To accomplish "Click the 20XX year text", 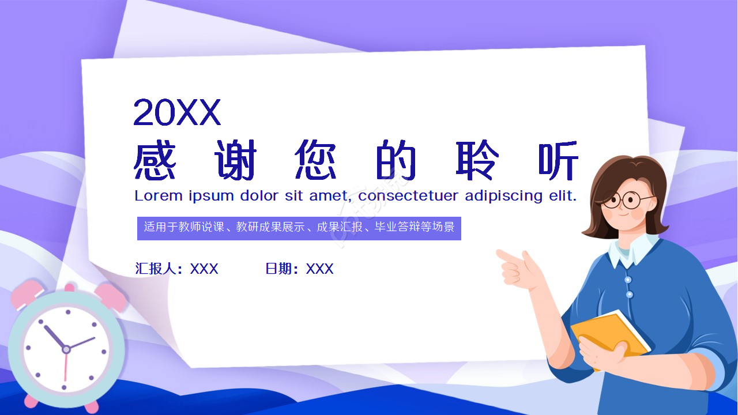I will [x=177, y=112].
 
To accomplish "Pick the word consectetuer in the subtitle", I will [x=409, y=196].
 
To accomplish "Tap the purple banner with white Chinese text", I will [x=299, y=228].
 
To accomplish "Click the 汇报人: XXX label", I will [x=176, y=269].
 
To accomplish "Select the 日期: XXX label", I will [x=299, y=269].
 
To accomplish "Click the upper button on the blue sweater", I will [x=628, y=280].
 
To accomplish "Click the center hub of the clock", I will [x=66, y=349].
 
